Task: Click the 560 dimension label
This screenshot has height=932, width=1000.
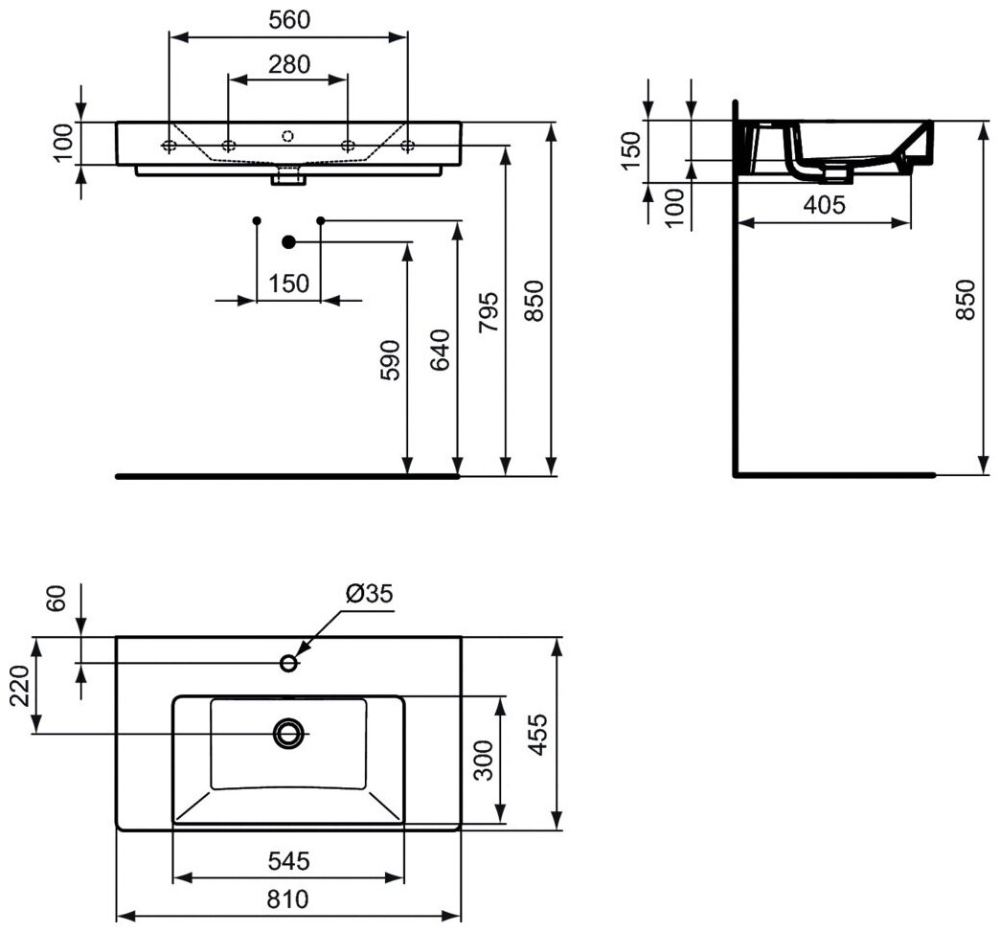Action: pos(288,19)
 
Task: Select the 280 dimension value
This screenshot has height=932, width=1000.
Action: pos(288,64)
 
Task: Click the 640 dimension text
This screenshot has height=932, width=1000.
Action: pos(440,351)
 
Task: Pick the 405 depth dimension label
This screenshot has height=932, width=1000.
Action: pos(825,204)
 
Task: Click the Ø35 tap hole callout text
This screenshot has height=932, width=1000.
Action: pos(368,594)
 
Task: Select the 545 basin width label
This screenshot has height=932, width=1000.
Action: pos(288,861)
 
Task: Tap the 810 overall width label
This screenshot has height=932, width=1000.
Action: pos(288,900)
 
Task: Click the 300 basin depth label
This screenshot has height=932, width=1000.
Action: pos(484,761)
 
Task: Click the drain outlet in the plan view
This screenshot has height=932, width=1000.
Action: pos(288,734)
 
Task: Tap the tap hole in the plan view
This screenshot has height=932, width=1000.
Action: pos(288,662)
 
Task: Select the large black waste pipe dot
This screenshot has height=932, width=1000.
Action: pos(288,241)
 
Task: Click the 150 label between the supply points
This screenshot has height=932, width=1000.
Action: pos(288,284)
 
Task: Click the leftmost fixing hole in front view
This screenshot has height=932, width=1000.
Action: pos(169,146)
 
